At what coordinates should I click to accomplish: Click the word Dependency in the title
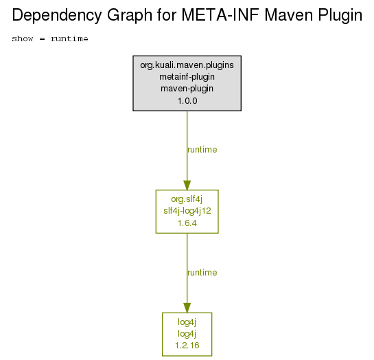pyautogui.click(x=57, y=16)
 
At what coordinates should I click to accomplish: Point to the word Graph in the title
pyautogui.click(x=130, y=16)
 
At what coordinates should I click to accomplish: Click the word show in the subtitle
pyautogui.click(x=23, y=38)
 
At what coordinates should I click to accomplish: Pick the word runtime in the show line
pyautogui.click(x=69, y=38)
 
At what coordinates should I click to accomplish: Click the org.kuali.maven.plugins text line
pyautogui.click(x=187, y=65)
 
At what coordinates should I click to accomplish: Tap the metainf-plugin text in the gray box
pyautogui.click(x=187, y=77)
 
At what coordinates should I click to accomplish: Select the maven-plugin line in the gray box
pyautogui.click(x=187, y=89)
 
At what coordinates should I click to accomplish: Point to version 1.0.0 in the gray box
pyautogui.click(x=187, y=101)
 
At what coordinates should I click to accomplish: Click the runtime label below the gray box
pyautogui.click(x=202, y=150)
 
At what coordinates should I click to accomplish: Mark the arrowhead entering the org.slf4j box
pyautogui.click(x=187, y=185)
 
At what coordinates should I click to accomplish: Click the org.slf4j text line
pyautogui.click(x=187, y=199)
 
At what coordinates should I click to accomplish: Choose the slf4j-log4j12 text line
pyautogui.click(x=187, y=211)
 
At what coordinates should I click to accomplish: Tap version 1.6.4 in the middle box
pyautogui.click(x=187, y=223)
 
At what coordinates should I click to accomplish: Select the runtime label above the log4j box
pyautogui.click(x=202, y=273)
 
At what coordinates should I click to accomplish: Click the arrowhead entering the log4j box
pyautogui.click(x=187, y=308)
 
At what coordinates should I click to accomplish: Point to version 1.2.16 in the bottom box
pyautogui.click(x=187, y=346)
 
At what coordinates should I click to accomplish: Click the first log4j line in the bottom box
pyautogui.click(x=187, y=322)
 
